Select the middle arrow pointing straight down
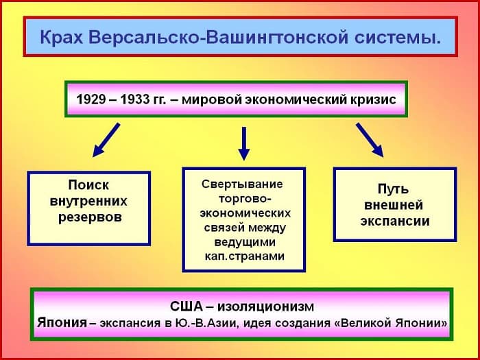(x=243, y=143)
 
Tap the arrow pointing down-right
(x=370, y=140)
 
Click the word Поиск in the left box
(x=88, y=185)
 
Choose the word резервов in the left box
(x=88, y=218)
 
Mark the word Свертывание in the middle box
(x=242, y=184)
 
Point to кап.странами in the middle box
(x=243, y=256)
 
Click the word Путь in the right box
(x=394, y=189)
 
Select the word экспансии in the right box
(x=394, y=221)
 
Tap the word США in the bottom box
(x=187, y=306)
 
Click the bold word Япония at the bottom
(x=62, y=322)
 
